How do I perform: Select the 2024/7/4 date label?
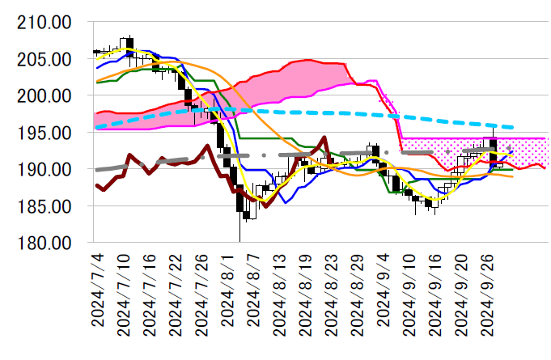pyautogui.click(x=99, y=291)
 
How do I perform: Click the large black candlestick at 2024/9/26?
pyautogui.click(x=493, y=152)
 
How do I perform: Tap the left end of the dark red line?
pyautogui.click(x=95, y=185)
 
